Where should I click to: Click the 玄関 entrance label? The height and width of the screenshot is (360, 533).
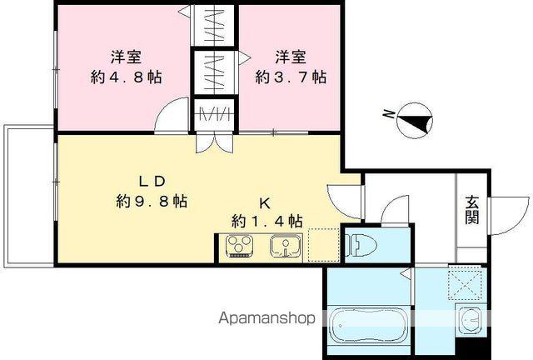(x=472, y=209)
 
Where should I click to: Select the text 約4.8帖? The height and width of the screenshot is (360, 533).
(x=127, y=77)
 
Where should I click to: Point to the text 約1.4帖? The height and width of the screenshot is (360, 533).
(x=266, y=221)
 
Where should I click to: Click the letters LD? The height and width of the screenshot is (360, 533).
(x=153, y=181)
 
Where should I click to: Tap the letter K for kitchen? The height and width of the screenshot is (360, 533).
(x=265, y=202)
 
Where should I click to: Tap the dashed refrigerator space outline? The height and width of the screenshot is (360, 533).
(x=323, y=245)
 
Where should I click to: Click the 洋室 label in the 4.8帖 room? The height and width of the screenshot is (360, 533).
(x=127, y=57)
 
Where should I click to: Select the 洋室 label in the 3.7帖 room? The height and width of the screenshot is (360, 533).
(x=291, y=57)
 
